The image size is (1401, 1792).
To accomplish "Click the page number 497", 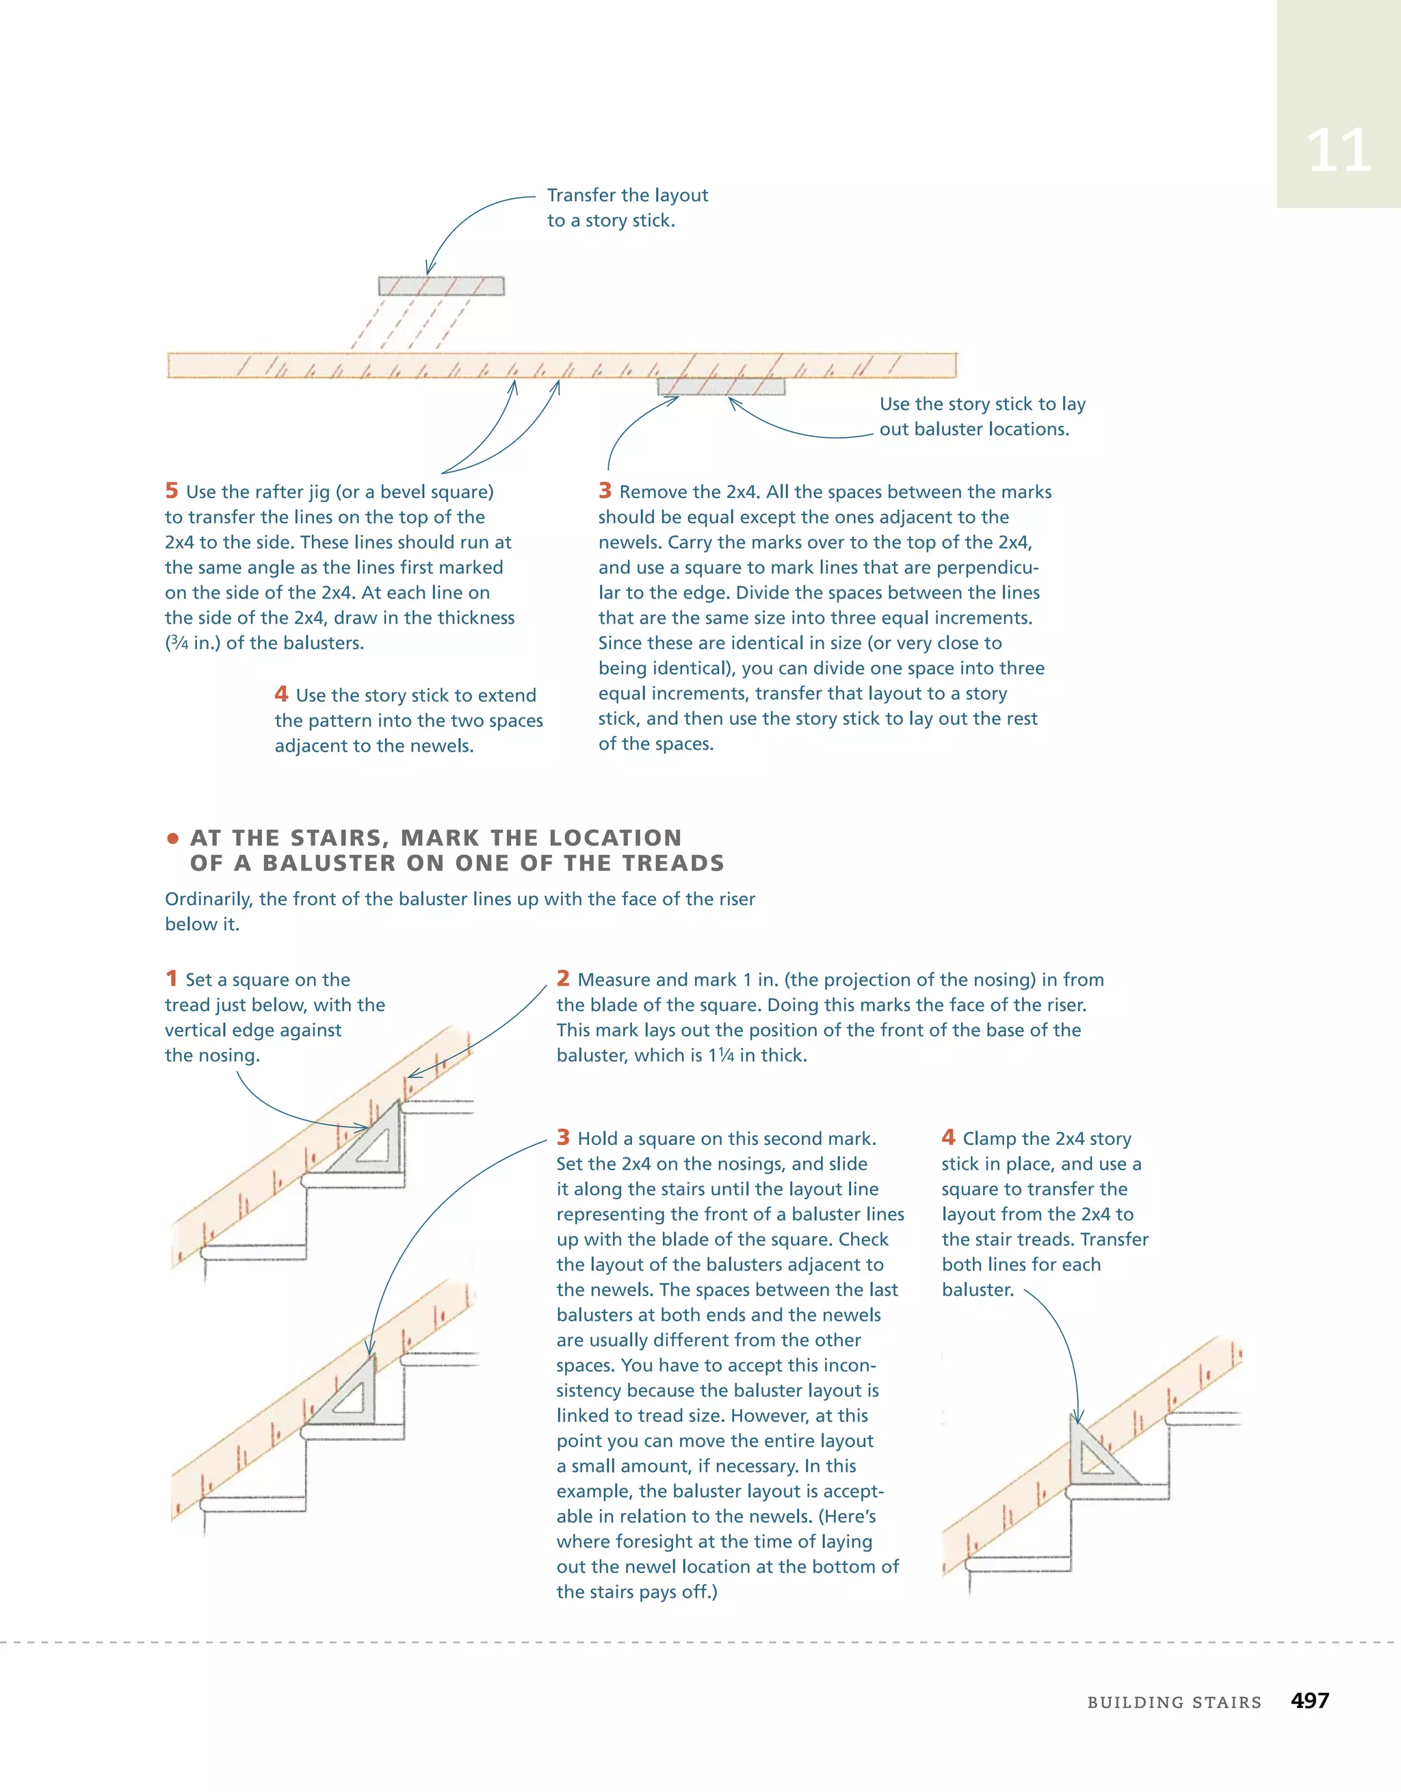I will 1309,1700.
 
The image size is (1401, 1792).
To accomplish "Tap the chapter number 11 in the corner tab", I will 1338,151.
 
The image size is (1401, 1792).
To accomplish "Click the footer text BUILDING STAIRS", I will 1174,1702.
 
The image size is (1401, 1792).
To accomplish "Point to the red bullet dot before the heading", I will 172,839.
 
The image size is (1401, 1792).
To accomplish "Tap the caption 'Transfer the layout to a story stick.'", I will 627,208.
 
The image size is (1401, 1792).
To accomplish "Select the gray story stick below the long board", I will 720,386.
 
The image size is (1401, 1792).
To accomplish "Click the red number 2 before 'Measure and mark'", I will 563,978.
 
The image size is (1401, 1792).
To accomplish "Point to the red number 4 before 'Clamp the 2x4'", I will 948,1137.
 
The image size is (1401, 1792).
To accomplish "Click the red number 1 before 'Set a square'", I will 172,978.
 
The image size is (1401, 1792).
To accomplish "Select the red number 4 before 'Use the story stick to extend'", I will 282,694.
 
